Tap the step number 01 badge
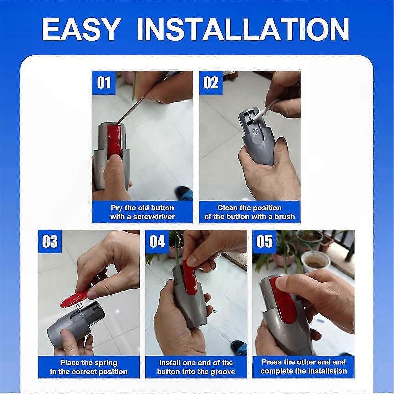click(x=104, y=83)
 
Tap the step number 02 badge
click(x=211, y=83)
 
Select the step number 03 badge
click(x=50, y=241)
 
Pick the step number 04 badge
click(x=157, y=241)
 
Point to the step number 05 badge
click(x=265, y=241)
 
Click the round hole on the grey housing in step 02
click(x=255, y=131)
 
